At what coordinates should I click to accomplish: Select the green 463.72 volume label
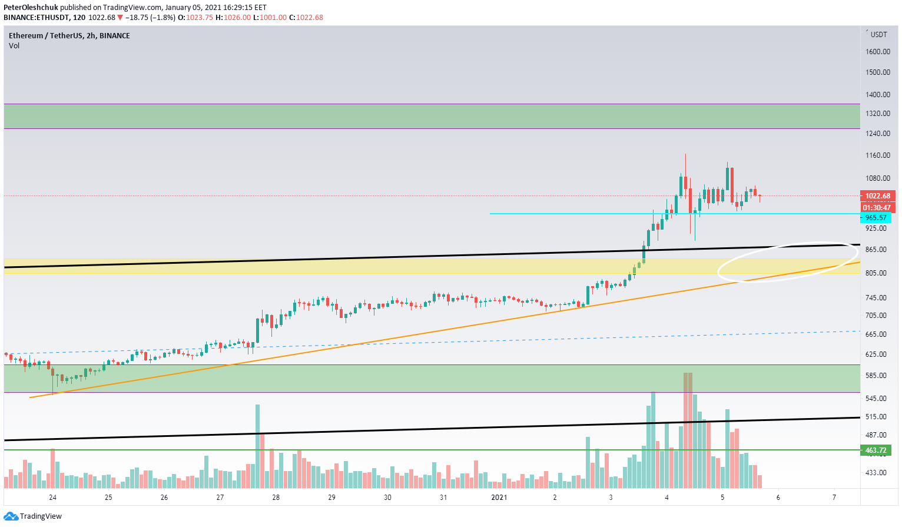876,450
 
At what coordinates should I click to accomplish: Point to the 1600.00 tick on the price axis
878,52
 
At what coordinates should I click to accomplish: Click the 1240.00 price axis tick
878,134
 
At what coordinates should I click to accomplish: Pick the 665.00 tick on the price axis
876,334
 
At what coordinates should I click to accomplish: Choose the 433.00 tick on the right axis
876,473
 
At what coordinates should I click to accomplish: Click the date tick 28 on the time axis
276,498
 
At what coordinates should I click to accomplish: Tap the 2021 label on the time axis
499,498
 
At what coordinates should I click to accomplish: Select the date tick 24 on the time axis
53,498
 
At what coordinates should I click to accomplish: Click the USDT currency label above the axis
878,35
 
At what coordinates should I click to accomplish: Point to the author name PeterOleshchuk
31,8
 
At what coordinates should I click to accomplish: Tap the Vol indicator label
14,46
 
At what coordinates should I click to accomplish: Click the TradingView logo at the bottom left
40,516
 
